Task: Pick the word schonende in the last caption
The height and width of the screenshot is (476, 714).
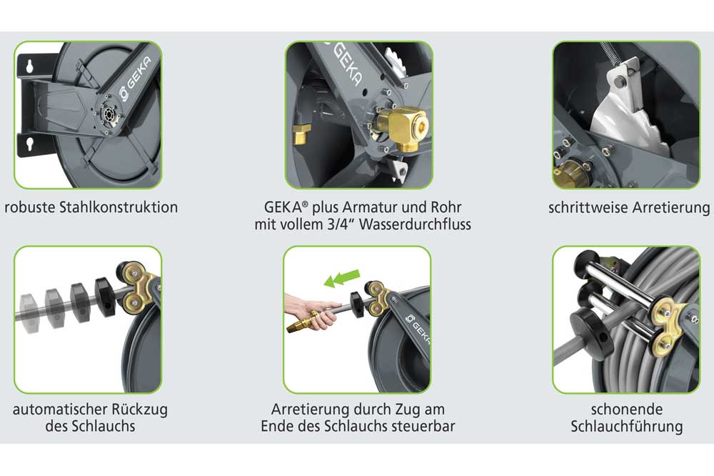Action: pos(626,410)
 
